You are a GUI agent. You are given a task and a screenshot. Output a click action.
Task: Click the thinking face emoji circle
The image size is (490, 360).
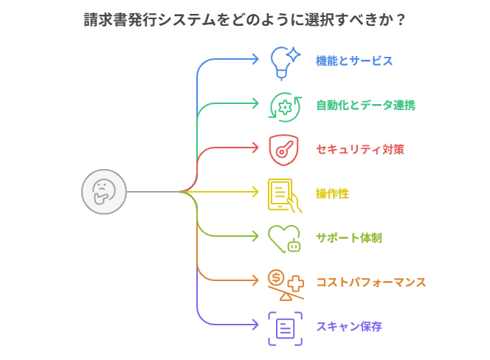pos(103,192)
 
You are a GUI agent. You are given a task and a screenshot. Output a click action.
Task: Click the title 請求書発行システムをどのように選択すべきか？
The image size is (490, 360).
pos(244,20)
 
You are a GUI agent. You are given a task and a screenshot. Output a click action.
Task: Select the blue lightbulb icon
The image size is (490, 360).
pos(284,60)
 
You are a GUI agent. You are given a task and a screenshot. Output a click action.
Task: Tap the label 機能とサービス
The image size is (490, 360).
pos(354,60)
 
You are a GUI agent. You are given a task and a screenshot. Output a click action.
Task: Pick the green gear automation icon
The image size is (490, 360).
pos(284,105)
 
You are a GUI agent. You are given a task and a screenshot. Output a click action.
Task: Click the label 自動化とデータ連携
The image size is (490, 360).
pos(365,105)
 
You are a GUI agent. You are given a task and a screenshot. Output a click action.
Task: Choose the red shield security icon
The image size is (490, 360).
pos(283,149)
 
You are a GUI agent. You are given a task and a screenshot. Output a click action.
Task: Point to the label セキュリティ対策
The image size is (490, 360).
pos(359,149)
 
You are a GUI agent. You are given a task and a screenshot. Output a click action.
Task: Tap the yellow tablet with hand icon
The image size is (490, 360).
pos(284,194)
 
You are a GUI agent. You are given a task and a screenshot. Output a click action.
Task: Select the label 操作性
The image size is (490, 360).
pos(332,193)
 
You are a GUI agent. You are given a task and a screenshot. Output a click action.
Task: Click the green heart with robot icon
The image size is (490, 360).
pos(284,238)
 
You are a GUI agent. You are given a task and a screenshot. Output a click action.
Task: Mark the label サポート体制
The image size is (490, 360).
pos(348,238)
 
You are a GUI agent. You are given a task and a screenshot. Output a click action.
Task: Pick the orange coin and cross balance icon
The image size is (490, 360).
pos(285,283)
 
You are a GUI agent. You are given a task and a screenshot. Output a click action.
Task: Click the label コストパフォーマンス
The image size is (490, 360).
pos(370,282)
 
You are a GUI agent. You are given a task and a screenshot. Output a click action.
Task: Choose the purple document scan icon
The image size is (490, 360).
pos(285,328)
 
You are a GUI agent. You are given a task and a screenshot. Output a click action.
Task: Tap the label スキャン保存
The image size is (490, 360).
pos(348,326)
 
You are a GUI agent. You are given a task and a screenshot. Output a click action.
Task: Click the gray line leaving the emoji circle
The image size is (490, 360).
pos(151,192)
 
